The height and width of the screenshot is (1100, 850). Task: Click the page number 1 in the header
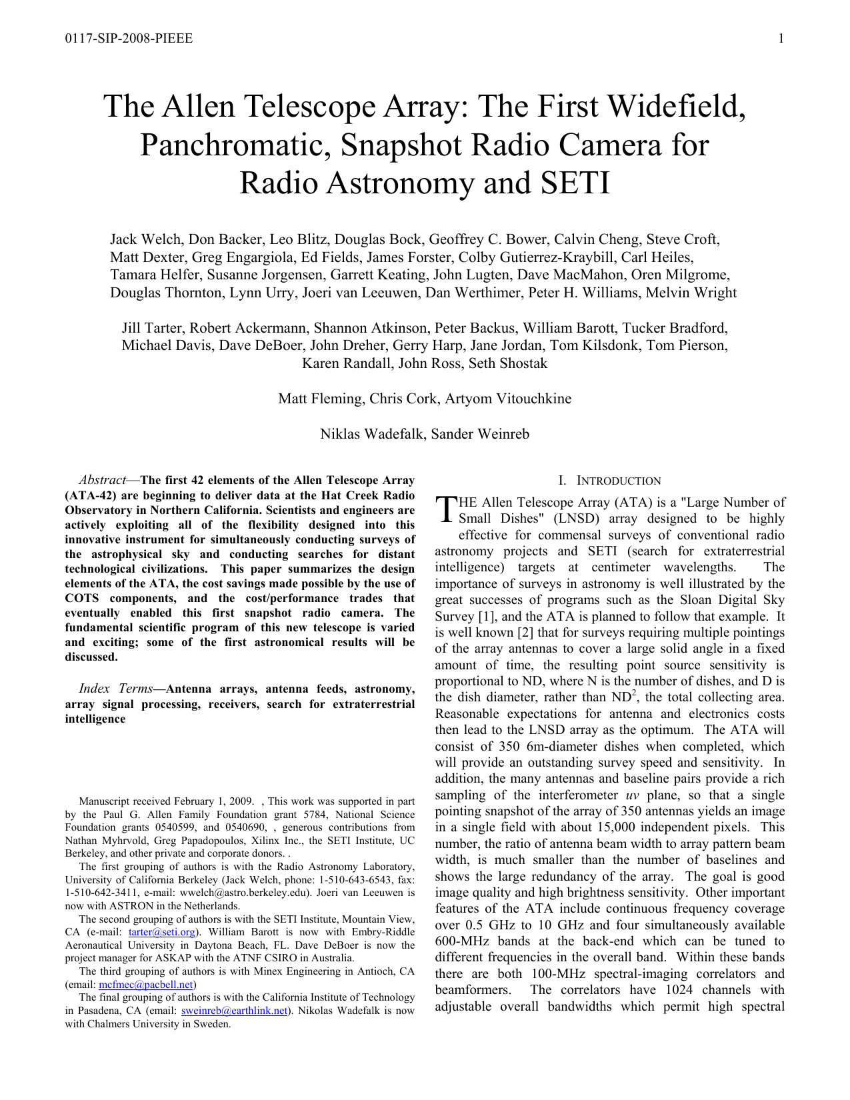[x=781, y=39]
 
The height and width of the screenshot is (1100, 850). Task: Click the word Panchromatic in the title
[x=235, y=145]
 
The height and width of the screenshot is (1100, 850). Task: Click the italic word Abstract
[x=102, y=480]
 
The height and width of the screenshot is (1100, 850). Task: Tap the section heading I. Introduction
[x=609, y=481]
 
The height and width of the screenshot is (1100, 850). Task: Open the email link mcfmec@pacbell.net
[x=146, y=984]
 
